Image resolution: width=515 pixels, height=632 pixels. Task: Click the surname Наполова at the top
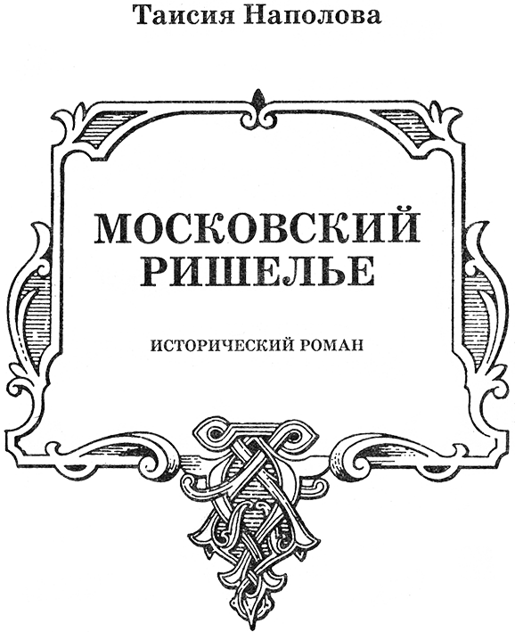[x=308, y=16]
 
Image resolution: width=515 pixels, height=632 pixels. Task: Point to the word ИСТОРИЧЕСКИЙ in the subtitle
[x=221, y=344]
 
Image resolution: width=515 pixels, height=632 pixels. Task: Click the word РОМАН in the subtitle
[x=332, y=345]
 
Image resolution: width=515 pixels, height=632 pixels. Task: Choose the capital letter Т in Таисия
[x=144, y=17]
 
